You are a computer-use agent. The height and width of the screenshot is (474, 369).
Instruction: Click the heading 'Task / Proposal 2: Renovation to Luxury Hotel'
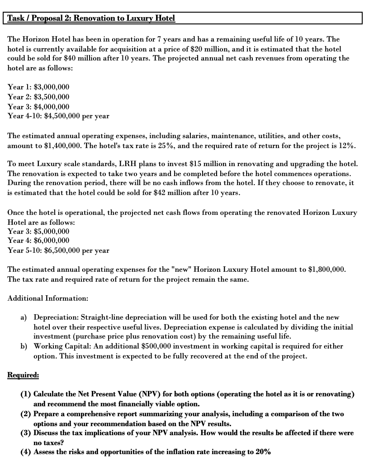[x=90, y=19]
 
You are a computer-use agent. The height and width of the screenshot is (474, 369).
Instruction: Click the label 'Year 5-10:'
[x=24, y=250]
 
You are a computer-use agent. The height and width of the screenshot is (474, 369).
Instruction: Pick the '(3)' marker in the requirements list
[x=26, y=432]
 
